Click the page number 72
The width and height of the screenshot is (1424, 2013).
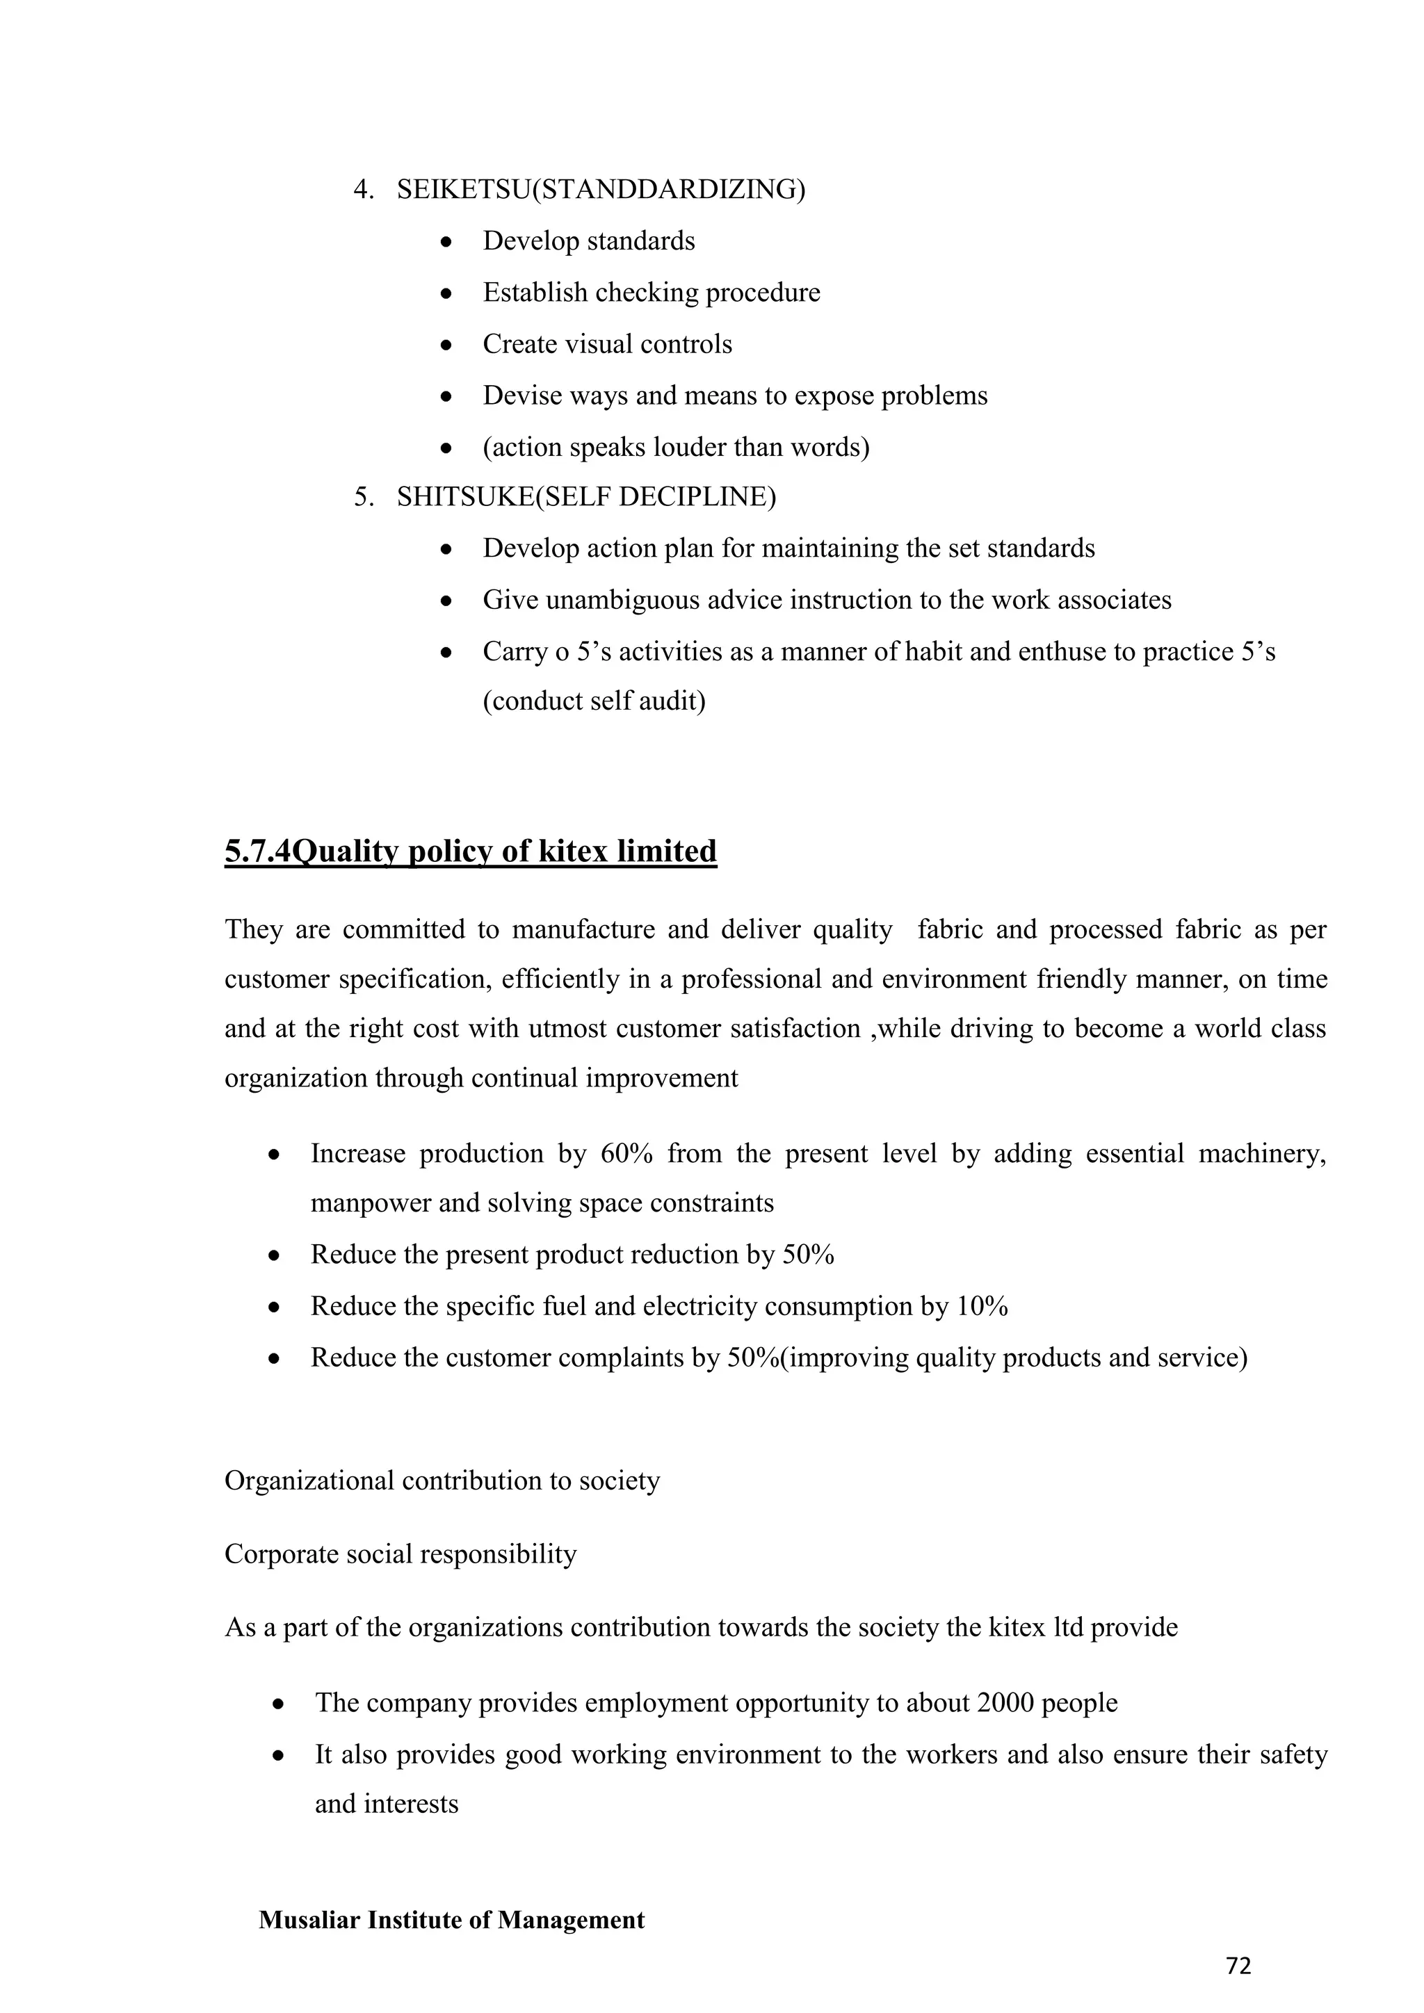1238,1966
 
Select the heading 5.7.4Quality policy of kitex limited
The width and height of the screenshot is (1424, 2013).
470,851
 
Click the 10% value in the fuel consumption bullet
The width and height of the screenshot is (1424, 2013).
982,1306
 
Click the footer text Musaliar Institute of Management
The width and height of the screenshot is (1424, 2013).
451,1919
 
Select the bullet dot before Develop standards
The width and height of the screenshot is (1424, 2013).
446,242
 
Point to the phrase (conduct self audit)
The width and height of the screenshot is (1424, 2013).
594,701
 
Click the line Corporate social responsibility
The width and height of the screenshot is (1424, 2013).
400,1554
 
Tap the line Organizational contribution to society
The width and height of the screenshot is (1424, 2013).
442,1480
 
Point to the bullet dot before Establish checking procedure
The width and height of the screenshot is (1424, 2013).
446,294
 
